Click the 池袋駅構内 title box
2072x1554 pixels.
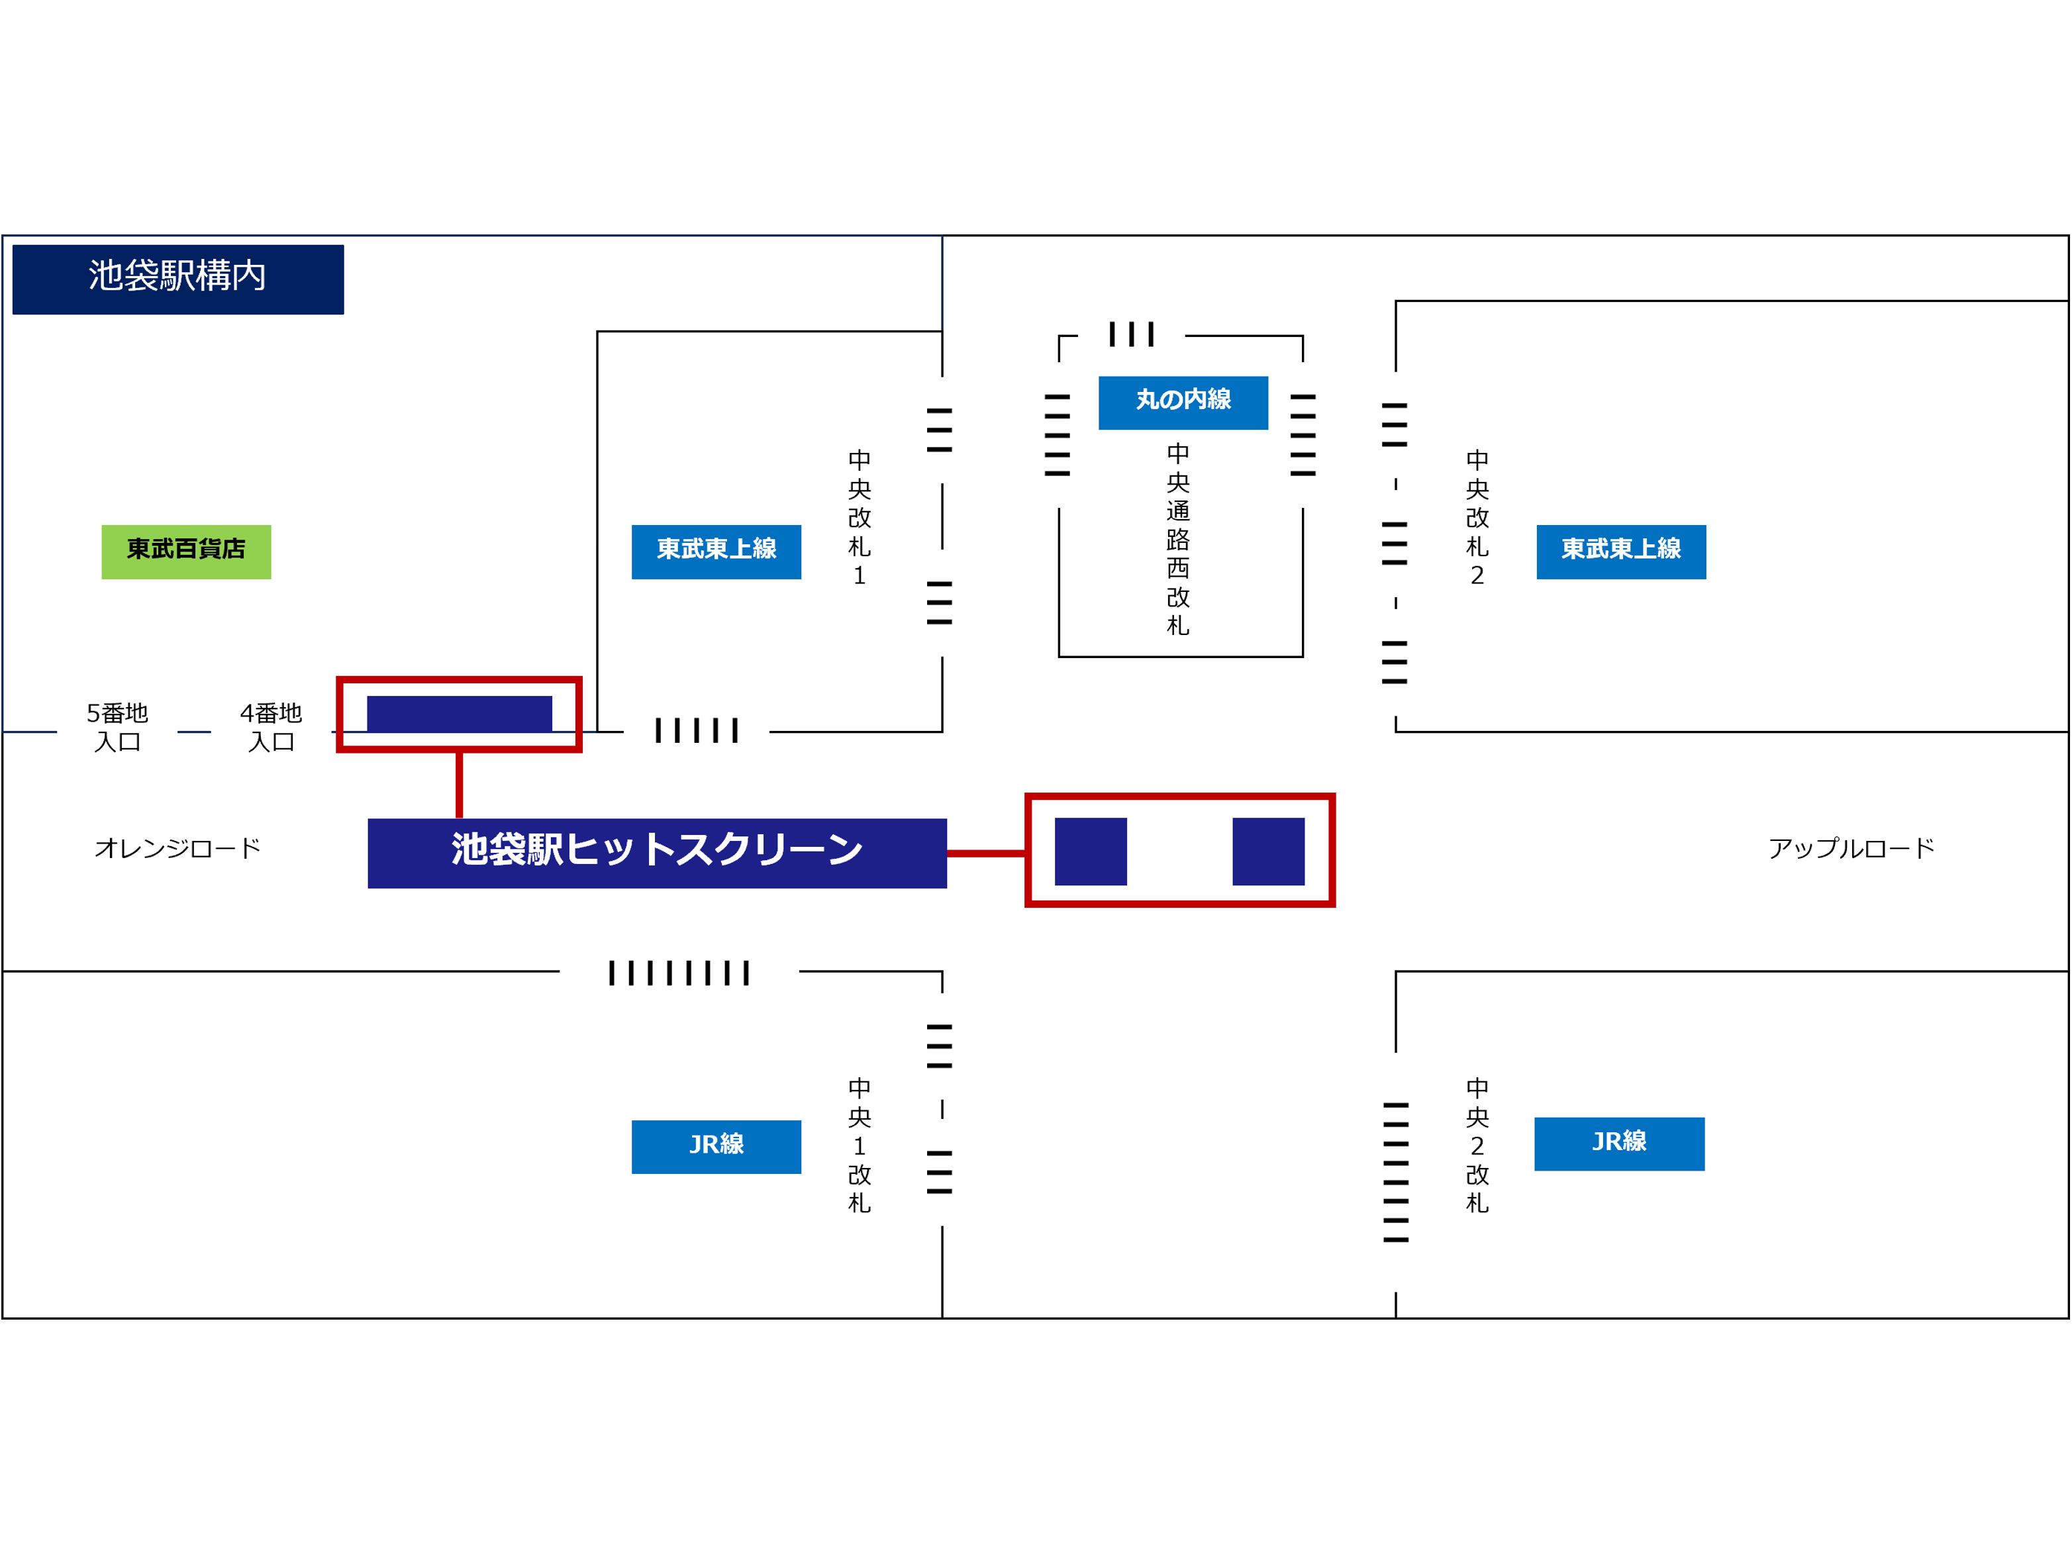178,279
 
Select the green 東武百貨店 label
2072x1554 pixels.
186,552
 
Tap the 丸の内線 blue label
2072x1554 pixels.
1183,403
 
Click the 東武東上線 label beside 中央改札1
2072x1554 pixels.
716,552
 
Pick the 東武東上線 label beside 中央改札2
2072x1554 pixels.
1622,552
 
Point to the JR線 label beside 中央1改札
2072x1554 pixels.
716,1147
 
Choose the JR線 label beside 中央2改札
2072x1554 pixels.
1620,1143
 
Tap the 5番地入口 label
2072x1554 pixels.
118,728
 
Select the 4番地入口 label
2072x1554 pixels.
271,728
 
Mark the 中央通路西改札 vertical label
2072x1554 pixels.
1179,540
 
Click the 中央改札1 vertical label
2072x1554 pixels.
860,518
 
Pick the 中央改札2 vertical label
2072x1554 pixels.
1477,518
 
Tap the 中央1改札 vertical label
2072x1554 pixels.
860,1145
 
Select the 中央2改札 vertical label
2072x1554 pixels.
1477,1145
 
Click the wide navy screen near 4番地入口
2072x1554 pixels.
460,714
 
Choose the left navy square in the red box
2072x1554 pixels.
1091,851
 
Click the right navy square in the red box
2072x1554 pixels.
1268,851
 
